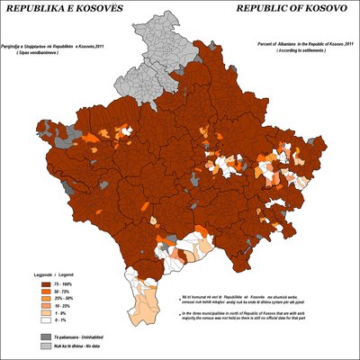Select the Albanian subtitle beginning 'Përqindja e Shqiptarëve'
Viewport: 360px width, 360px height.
54,45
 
